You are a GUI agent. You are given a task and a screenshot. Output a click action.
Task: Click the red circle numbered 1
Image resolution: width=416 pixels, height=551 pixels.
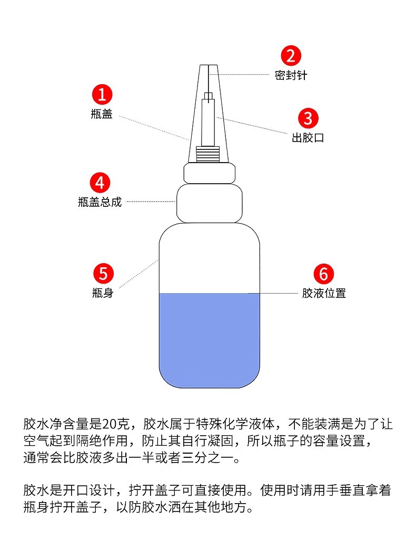pyautogui.click(x=102, y=95)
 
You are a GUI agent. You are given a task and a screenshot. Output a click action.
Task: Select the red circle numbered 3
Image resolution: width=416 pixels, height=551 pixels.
pyautogui.click(x=308, y=118)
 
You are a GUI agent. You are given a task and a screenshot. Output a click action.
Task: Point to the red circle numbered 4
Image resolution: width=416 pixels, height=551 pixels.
pyautogui.click(x=100, y=183)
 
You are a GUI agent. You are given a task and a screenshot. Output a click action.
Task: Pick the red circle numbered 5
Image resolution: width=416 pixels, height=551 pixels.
pyautogui.click(x=103, y=273)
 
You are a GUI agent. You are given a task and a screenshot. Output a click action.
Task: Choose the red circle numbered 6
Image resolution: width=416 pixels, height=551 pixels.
pyautogui.click(x=324, y=274)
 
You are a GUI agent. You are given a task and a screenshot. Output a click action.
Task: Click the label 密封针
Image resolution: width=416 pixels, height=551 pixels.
pyautogui.click(x=291, y=75)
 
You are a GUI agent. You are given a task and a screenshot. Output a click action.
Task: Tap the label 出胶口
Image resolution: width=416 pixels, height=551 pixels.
pyautogui.click(x=308, y=138)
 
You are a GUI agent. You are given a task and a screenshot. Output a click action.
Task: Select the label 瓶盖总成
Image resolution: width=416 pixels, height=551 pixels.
pyautogui.click(x=100, y=202)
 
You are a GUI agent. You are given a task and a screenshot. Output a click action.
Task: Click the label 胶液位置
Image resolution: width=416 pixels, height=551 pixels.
pyautogui.click(x=324, y=293)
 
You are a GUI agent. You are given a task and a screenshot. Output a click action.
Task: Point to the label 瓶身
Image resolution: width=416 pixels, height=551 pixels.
pyautogui.click(x=103, y=293)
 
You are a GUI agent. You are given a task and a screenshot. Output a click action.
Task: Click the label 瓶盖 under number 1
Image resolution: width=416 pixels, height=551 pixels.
pyautogui.click(x=102, y=114)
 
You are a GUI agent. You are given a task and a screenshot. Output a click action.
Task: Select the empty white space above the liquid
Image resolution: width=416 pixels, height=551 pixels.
pyautogui.click(x=210, y=258)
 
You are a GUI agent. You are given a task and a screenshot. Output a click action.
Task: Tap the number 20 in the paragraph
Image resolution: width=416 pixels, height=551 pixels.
pyautogui.click(x=111, y=424)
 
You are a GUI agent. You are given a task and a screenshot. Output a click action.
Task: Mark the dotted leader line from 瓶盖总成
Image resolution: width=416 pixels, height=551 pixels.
pyautogui.click(x=151, y=202)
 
